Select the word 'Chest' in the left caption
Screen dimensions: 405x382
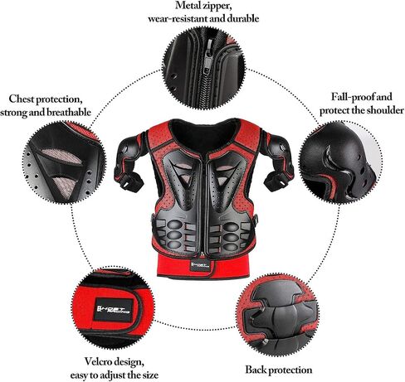click(x=22, y=99)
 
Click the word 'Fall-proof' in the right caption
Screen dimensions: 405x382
click(x=349, y=97)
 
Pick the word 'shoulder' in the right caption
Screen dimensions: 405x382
click(x=385, y=110)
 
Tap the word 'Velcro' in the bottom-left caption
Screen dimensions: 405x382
click(x=98, y=361)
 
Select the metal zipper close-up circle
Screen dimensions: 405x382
click(x=204, y=69)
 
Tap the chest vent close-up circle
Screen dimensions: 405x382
click(x=65, y=163)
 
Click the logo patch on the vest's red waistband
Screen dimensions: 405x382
click(x=200, y=265)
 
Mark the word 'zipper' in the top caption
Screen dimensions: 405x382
click(x=218, y=7)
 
